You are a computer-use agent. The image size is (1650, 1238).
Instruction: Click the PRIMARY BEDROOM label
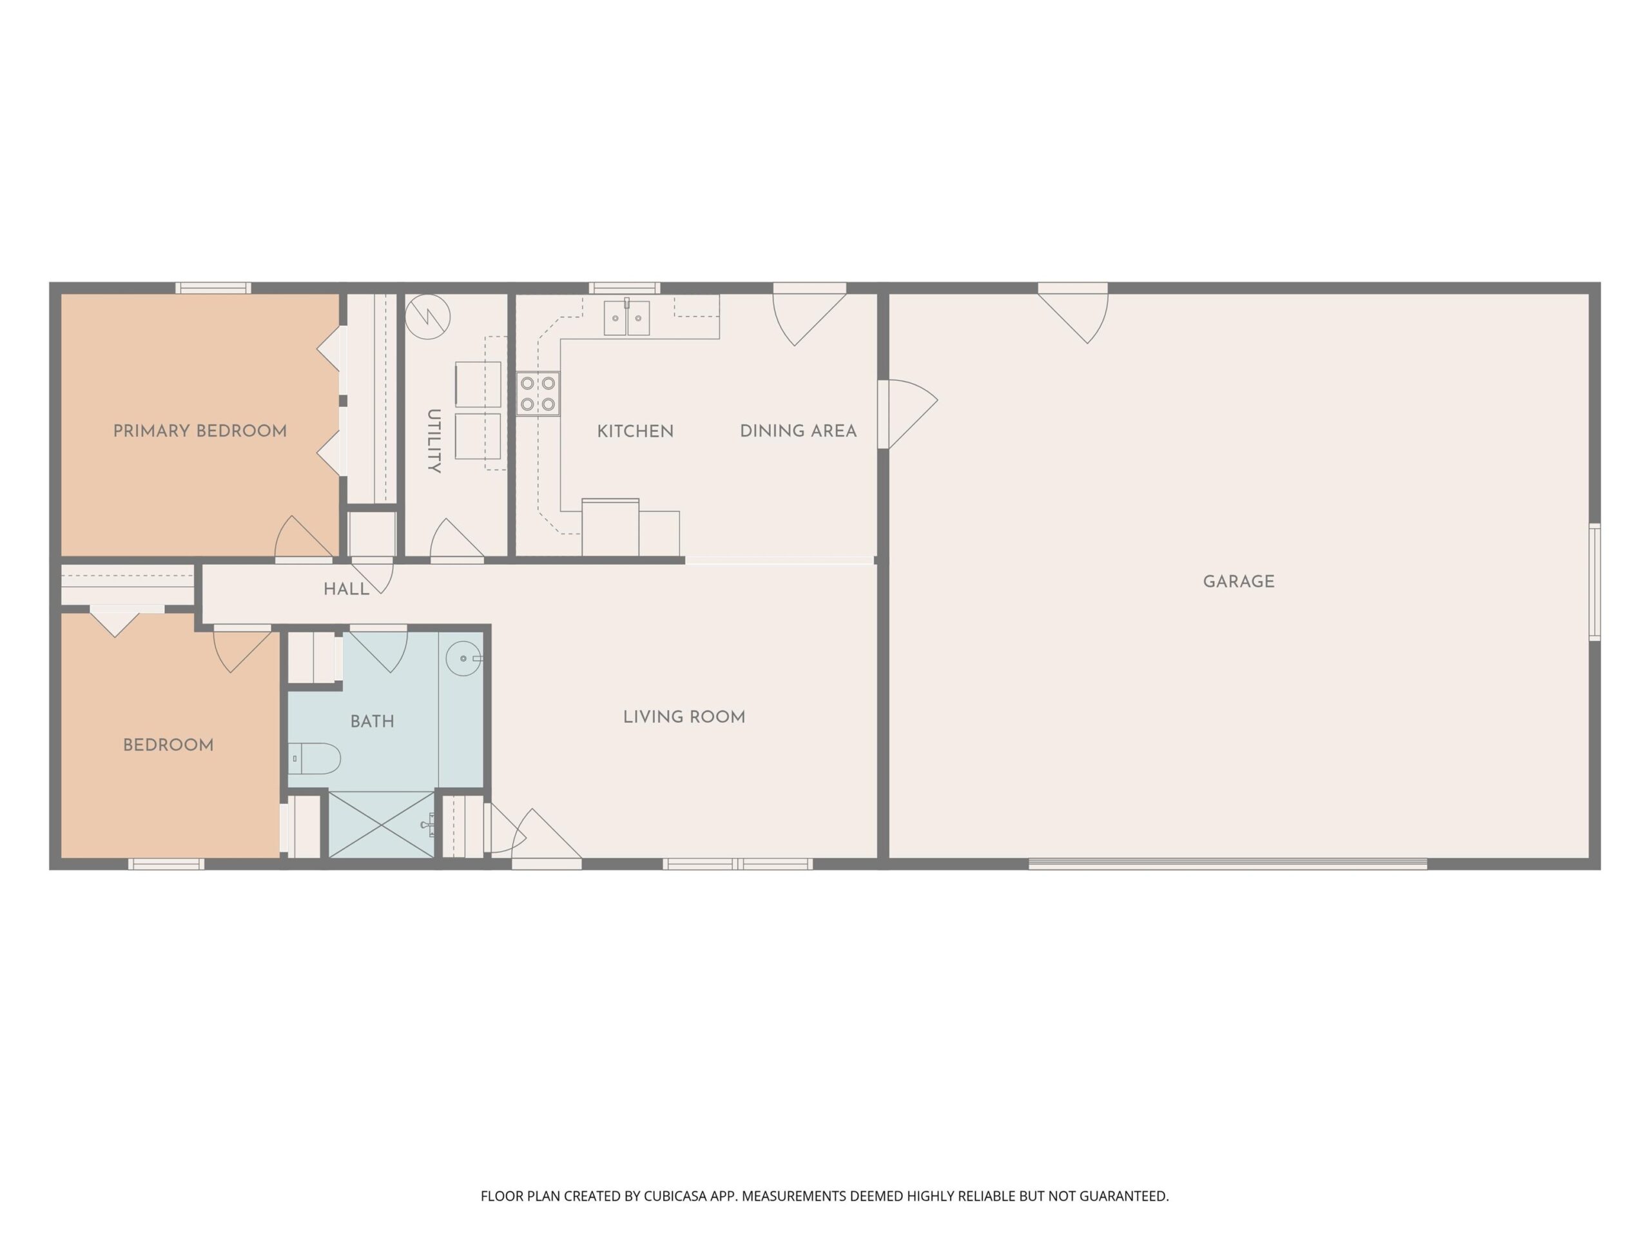200,431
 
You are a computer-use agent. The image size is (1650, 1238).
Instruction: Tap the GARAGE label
1238,582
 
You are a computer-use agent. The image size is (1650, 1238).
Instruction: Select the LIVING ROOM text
684,717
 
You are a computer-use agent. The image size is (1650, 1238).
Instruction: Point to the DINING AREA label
798,431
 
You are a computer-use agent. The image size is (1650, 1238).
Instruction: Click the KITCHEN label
636,431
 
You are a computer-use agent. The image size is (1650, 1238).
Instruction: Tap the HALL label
346,589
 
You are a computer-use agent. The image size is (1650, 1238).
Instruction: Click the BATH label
373,722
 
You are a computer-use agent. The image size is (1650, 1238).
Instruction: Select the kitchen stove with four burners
538,394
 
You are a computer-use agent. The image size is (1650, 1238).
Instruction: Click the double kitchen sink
626,318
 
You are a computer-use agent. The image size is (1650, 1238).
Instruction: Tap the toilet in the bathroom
314,759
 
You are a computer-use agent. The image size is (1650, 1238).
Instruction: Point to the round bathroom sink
464,659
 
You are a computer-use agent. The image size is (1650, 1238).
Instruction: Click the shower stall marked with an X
381,825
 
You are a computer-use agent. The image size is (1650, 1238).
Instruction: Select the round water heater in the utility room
427,317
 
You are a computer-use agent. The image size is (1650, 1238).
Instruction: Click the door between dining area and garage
907,414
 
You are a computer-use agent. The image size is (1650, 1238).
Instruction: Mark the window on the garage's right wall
1595,582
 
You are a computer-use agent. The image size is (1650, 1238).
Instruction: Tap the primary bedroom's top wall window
213,288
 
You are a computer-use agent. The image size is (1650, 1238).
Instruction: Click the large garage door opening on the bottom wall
1228,864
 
